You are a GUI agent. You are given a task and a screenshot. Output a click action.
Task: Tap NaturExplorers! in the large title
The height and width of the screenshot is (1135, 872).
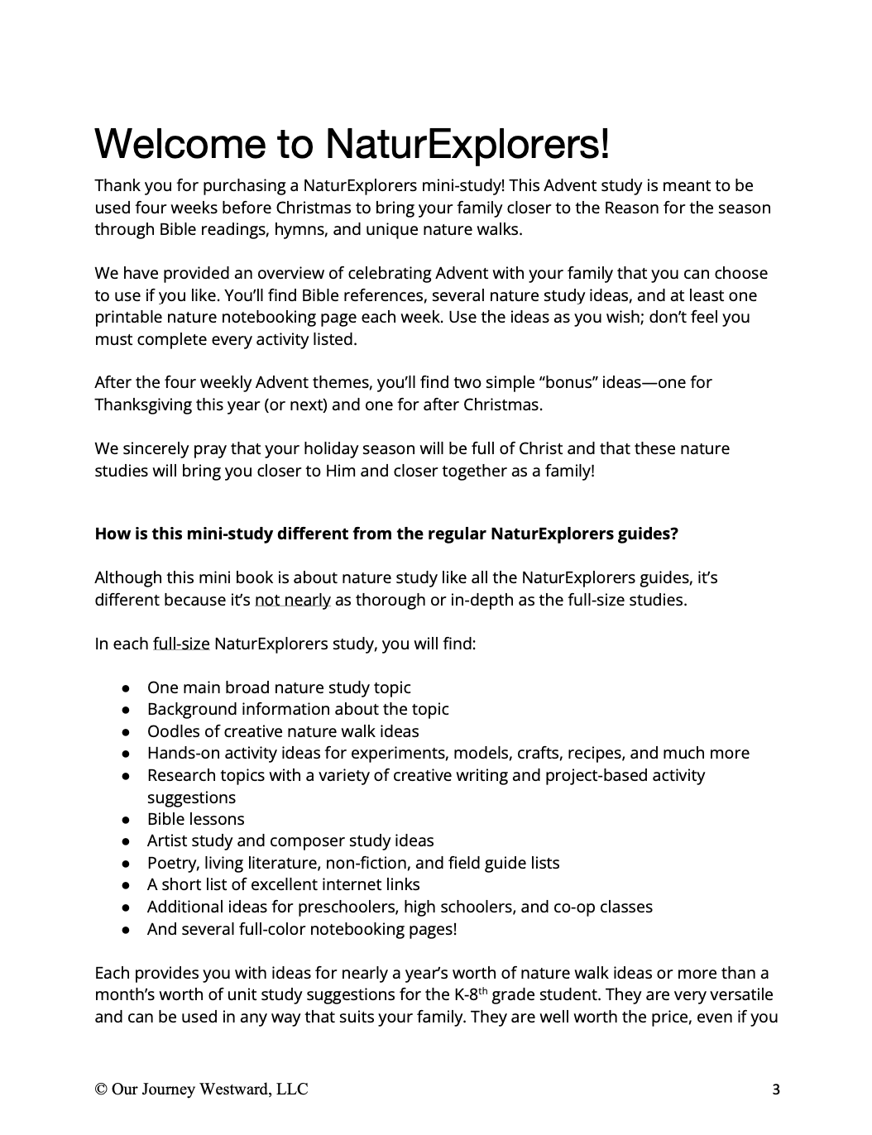467,143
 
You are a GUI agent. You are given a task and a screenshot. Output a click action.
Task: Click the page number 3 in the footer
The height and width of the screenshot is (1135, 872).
775,1090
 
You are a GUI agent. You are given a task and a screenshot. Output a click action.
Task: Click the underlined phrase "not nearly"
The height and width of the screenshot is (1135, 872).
293,600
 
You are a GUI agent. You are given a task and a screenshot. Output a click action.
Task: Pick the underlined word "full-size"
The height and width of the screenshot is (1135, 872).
181,644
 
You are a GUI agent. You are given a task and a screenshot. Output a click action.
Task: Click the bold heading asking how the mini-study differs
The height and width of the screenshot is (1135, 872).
386,534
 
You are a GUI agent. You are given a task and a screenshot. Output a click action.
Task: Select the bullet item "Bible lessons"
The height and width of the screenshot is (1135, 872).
195,819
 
